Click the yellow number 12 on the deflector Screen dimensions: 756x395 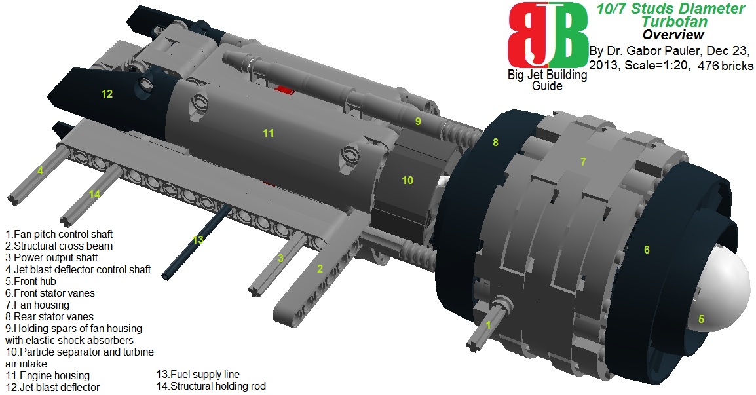[107, 94]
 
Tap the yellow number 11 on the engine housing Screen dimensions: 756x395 [269, 133]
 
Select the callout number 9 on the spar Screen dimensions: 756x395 [418, 122]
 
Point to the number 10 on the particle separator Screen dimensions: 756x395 [407, 180]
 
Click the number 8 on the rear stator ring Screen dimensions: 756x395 [495, 142]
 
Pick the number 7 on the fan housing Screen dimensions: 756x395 [584, 162]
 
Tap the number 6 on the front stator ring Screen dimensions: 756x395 [647, 250]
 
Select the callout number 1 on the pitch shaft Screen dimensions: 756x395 [489, 325]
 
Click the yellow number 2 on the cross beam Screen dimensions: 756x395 [320, 269]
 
